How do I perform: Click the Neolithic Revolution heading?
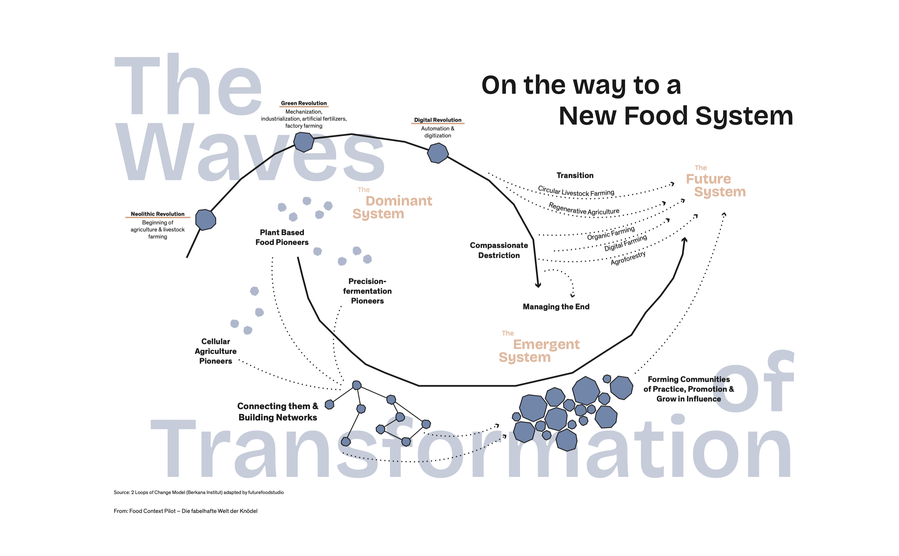coord(157,214)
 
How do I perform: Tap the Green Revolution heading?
coord(304,103)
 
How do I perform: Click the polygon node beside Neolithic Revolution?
coord(206,220)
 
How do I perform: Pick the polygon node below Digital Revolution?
coord(437,153)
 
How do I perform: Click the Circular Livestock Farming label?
coord(576,192)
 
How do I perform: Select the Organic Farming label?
coord(610,233)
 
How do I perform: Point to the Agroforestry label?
coord(628,258)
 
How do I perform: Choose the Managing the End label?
coord(556,307)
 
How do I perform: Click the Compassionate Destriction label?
coord(499,251)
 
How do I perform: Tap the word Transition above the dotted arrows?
coord(575,175)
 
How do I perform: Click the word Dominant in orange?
coord(399,201)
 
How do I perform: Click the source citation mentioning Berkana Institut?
coord(198,492)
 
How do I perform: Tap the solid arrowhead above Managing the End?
coord(538,285)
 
